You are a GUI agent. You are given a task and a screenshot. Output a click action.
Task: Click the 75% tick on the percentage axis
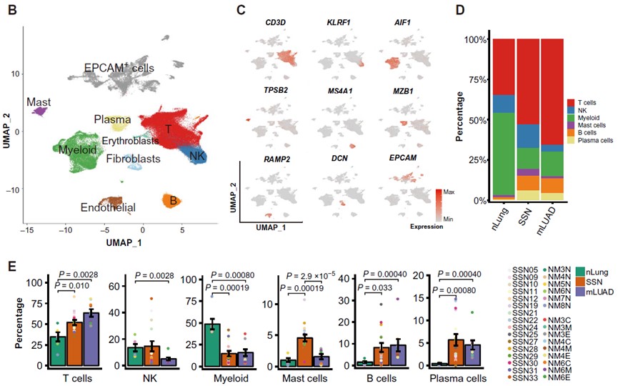tap(472, 80)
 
